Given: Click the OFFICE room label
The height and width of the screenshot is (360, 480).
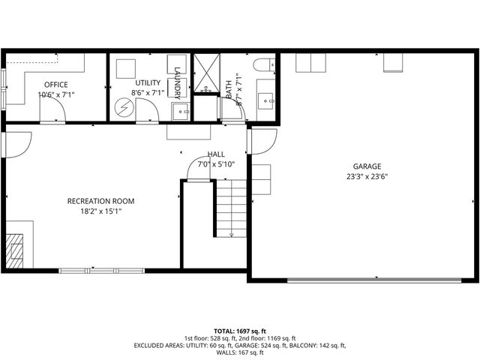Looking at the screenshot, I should [x=55, y=84].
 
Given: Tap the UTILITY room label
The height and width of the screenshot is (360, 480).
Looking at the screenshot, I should [x=148, y=82].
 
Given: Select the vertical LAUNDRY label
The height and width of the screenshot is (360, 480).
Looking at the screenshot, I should [x=178, y=81].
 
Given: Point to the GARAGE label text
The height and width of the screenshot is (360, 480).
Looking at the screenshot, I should [x=367, y=166].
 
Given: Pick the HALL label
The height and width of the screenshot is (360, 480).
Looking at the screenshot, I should [x=216, y=154].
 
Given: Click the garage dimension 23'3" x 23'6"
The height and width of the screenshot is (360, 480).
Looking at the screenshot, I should [x=367, y=178].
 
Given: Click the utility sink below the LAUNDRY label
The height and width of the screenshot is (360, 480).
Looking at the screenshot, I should [x=180, y=112].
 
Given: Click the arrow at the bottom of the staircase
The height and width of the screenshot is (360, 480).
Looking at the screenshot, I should [x=231, y=234].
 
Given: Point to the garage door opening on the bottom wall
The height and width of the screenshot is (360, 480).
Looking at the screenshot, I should [x=375, y=281].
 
